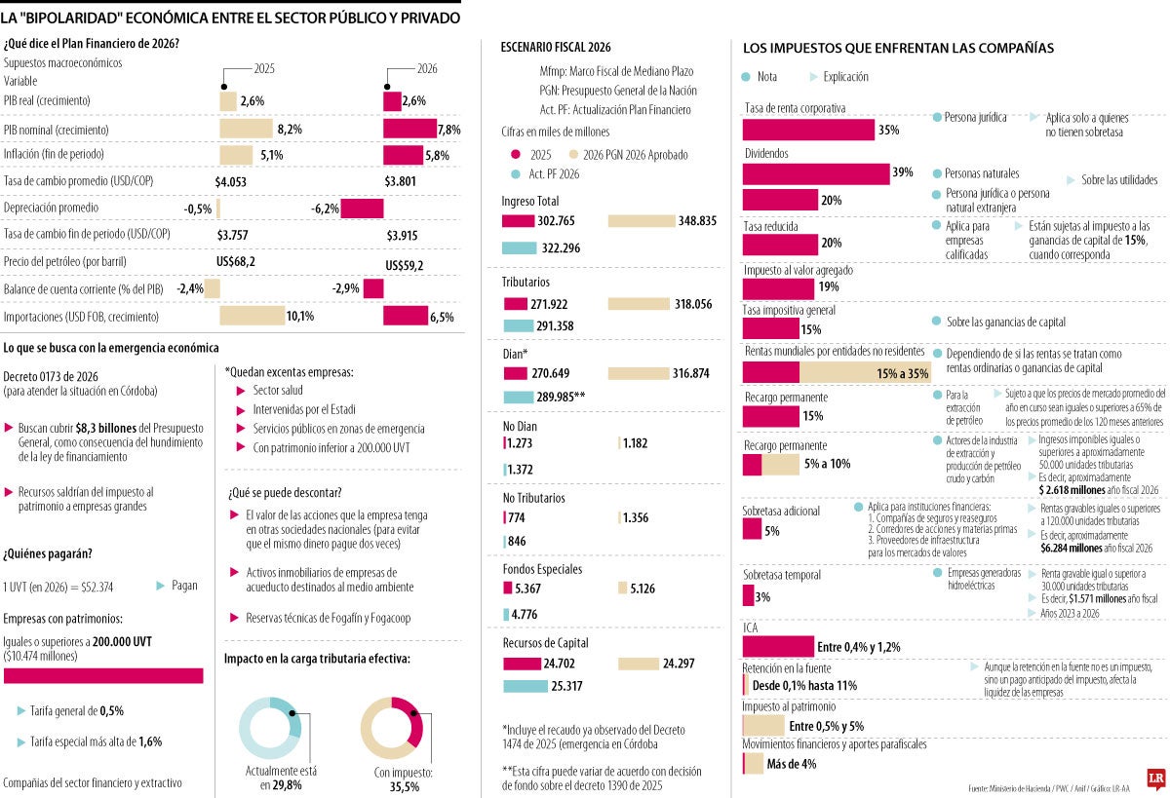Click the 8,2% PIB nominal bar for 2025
coord(246,129)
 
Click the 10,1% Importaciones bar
coord(251,316)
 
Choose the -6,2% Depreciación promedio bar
coord(362,208)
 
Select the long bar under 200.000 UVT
coord(103,675)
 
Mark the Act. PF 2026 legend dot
coord(515,174)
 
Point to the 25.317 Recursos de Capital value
coord(566,686)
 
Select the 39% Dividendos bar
coord(815,173)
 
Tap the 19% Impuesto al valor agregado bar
coord(778,288)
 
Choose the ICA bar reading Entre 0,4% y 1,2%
coord(777,646)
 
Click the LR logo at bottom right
coord(1156,779)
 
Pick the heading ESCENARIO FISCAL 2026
coord(556,47)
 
